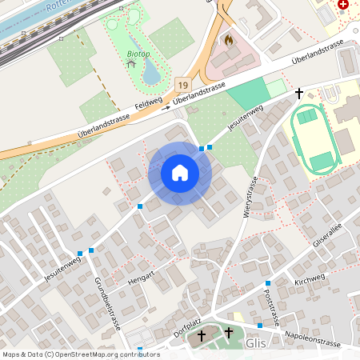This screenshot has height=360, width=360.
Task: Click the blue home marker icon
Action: pos(180,173)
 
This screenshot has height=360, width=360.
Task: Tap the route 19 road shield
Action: pos(184,85)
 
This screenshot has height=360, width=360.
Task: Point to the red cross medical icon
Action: pos(343,4)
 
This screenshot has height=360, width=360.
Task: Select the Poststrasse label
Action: pos(273,306)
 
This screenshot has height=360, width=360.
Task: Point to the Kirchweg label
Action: pos(310,281)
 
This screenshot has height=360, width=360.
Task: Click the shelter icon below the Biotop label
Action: pos(131,63)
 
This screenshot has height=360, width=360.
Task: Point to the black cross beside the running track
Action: pos(300,94)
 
